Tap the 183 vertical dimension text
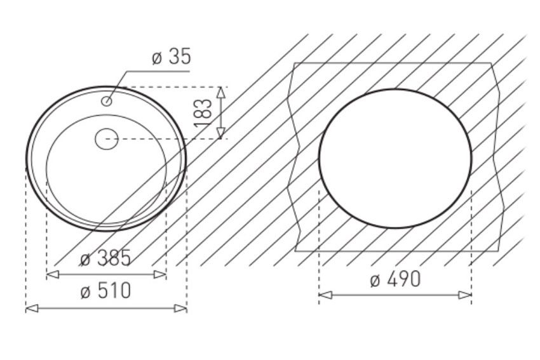203,112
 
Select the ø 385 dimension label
105,258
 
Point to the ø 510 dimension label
105,290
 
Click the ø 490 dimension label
395,279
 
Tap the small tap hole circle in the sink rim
107,101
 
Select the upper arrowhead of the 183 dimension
221,93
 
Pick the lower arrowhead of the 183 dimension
221,133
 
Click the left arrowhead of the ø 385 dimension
52,274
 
